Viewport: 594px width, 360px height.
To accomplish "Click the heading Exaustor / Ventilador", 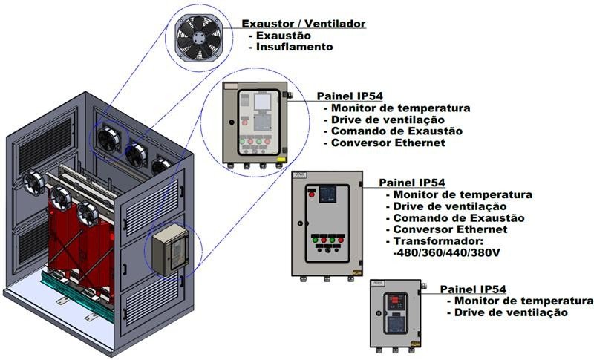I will click(304, 24).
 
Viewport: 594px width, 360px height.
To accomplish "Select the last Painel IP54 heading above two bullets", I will click(474, 289).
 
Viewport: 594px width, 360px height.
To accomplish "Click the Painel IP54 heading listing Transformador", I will click(412, 183).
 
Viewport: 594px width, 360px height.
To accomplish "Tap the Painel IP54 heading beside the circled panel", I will click(350, 96).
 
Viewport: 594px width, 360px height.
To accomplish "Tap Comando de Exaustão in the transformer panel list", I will click(460, 218).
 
